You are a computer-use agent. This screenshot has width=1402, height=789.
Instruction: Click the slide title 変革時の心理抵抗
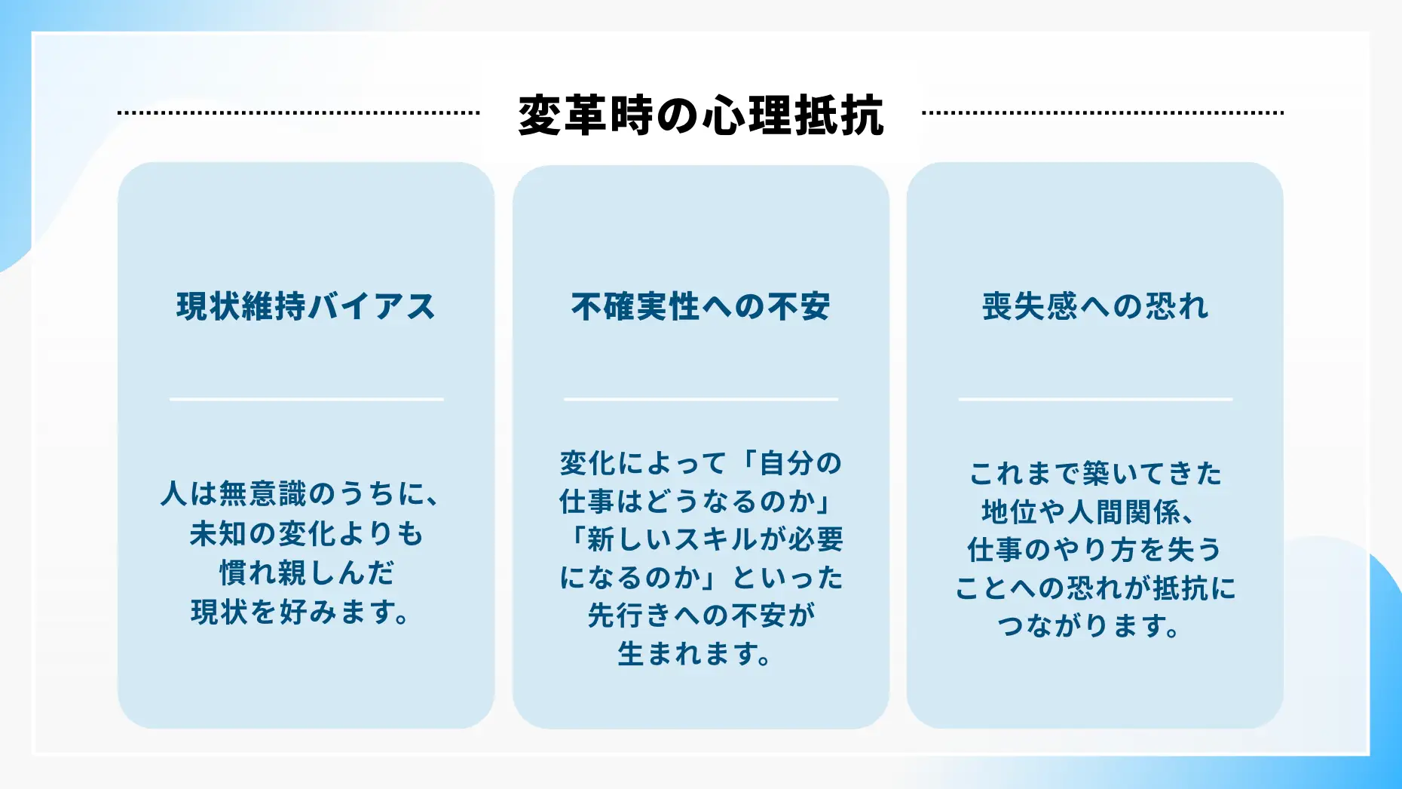701,115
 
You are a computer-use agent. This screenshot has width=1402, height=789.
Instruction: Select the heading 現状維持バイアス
306,306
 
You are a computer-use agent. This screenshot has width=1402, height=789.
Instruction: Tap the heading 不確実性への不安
700,306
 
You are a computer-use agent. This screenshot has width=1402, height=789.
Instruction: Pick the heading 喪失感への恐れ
1095,306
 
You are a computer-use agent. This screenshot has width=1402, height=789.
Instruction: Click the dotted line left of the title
298,113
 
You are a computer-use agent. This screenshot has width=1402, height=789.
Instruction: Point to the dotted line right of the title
1103,113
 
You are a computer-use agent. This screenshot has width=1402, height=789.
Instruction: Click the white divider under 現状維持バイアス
306,399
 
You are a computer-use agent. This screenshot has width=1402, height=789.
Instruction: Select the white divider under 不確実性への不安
700,399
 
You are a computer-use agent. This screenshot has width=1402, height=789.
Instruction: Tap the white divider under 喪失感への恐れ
1095,399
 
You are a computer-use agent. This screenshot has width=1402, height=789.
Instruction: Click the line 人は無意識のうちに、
300,494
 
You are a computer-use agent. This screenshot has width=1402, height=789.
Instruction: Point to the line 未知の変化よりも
306,533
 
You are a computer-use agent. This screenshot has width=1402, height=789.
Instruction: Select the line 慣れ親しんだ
306,573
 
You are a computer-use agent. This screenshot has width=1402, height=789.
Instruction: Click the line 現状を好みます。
300,612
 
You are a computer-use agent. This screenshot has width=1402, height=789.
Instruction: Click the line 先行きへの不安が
701,616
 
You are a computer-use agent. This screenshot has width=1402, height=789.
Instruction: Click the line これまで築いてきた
1095,474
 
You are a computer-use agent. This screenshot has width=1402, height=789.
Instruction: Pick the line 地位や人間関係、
1088,512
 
